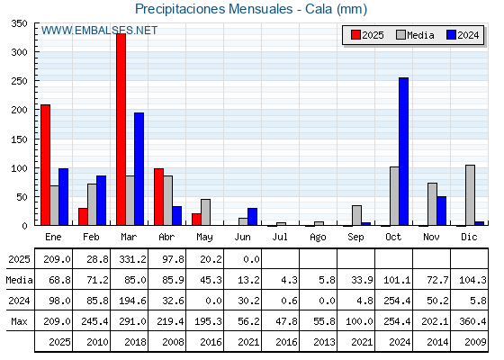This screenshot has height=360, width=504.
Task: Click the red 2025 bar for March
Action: pos(121,130)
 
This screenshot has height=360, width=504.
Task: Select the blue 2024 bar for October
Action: pos(403,151)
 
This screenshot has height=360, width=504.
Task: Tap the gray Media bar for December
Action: pos(470,195)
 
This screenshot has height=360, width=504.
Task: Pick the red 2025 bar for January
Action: pos(45,165)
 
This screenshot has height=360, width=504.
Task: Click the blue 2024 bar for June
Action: pos(252,217)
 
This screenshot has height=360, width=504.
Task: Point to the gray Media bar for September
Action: pos(356,215)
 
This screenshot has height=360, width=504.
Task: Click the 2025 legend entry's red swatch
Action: pos(355,35)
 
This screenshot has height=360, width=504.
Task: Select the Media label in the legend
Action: pos(420,35)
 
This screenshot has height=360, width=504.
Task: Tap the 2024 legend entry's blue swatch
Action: pos(451,35)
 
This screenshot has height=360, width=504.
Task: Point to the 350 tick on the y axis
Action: pos(19,23)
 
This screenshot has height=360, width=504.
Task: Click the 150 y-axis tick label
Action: pos(19,139)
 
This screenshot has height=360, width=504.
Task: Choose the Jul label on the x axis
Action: pos(280,237)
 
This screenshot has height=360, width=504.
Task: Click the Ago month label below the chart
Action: pos(318,238)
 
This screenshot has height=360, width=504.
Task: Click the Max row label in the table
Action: pos(19,321)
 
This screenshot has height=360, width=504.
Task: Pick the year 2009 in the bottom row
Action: pos(475,342)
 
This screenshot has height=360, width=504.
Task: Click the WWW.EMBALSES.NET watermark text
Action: pos(99,31)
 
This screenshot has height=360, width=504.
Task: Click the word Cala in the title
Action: pos(319,9)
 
